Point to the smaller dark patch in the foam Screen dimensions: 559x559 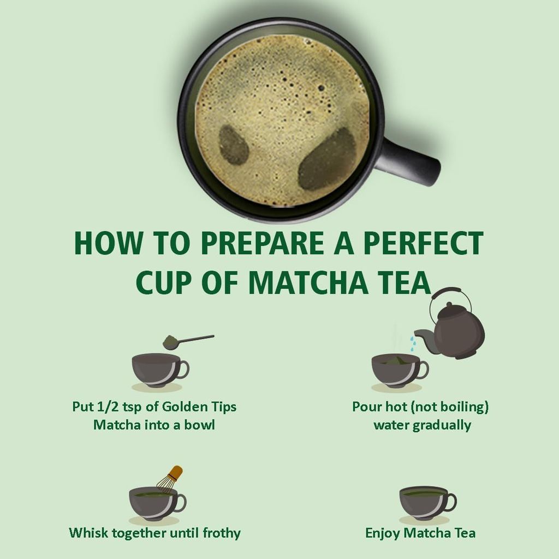coord(234,145)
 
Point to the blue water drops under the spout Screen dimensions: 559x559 coord(414,343)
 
